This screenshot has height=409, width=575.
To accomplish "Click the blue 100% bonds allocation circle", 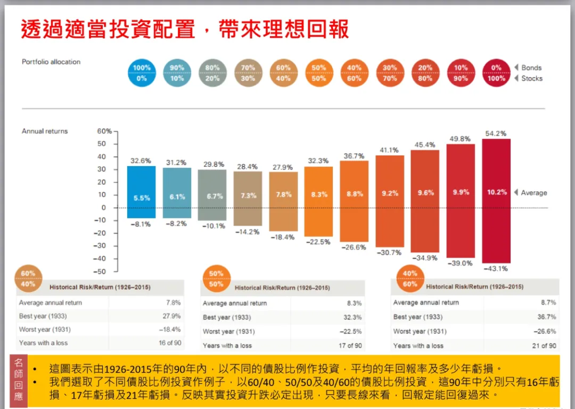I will coord(142,73).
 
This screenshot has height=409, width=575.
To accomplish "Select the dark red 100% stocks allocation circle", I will coord(496,73).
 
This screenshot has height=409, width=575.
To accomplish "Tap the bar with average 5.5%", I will coord(141,192).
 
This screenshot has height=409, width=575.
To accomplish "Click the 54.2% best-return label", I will coord(496,133).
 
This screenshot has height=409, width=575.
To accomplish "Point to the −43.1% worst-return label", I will coord(496,268).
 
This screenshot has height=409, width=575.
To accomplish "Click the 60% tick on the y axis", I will coord(104,131).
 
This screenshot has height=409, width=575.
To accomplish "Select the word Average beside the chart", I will coord(533,193).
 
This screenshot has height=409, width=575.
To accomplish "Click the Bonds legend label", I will coord(531,68).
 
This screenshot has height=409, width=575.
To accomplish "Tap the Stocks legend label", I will coord(532,78).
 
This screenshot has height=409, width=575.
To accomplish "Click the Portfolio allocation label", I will coord(51,62).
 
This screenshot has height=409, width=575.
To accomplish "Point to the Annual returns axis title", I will coord(45,131).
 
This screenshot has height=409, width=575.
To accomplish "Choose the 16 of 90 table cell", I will coord(170,343).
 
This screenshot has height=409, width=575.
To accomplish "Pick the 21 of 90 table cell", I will coord(545,346).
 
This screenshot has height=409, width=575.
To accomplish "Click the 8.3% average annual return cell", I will coord(354,303).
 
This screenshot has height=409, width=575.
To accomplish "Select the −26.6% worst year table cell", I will coord(545,331).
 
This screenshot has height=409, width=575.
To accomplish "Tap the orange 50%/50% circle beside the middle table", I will coord(216,279).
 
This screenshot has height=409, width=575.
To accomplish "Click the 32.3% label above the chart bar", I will coord(318,160).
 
